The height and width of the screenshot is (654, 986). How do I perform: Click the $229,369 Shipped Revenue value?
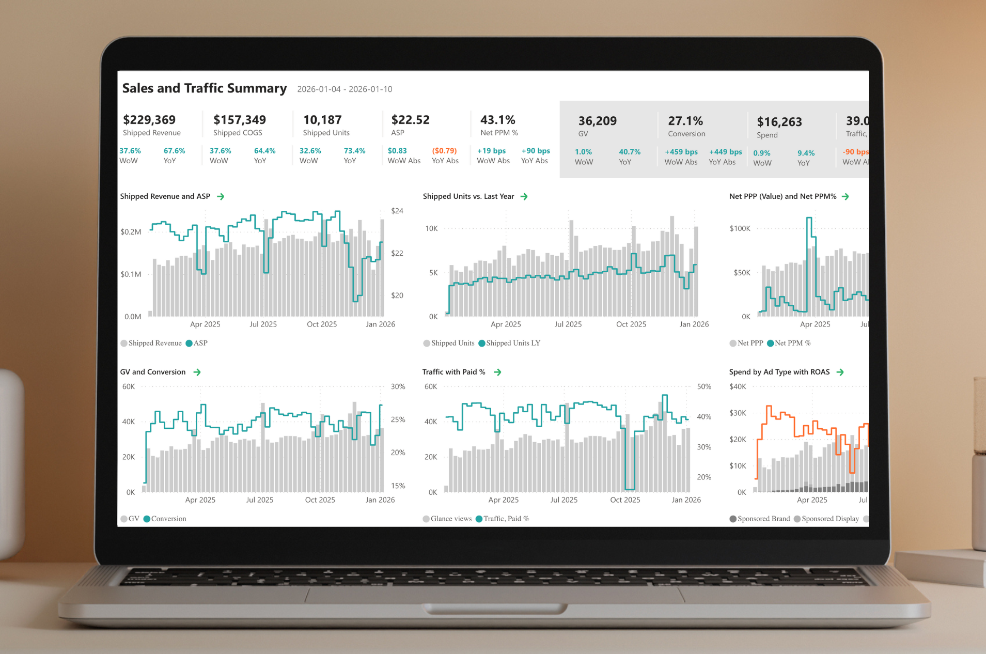(149, 120)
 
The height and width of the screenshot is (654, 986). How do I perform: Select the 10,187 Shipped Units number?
(322, 120)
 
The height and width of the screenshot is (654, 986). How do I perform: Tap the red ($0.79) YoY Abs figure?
(444, 151)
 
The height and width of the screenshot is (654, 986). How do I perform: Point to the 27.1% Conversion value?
(685, 121)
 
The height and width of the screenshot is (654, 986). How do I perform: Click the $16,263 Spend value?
(779, 122)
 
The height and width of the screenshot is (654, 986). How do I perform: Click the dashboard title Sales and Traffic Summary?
(205, 88)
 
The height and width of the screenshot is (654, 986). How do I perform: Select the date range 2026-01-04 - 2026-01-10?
(345, 89)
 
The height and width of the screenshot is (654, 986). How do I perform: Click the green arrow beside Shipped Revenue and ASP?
(221, 197)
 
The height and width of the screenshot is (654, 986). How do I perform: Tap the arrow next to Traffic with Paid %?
(497, 372)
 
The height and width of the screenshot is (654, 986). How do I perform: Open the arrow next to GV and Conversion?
(197, 372)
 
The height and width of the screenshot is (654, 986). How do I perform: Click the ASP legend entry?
(197, 343)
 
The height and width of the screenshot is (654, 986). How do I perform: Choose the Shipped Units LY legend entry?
(509, 343)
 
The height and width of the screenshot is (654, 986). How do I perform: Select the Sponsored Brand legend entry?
(760, 519)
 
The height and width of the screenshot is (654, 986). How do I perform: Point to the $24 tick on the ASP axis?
(397, 211)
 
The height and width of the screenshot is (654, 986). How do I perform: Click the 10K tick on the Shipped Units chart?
(431, 228)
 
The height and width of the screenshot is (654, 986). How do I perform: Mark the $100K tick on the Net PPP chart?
(740, 228)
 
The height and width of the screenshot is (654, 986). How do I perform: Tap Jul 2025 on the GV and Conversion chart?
(259, 500)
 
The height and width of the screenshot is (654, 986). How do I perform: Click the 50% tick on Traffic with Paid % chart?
(704, 386)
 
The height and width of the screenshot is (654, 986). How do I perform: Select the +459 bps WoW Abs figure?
(681, 152)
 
